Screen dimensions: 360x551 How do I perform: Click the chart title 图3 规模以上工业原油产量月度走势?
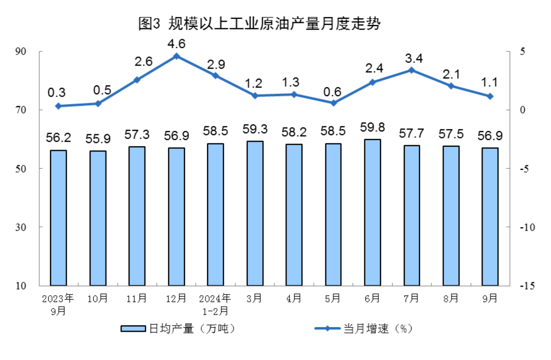pos(259,23)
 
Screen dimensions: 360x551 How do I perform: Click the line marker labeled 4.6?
pos(177,57)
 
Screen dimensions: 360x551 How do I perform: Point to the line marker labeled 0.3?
pos(58,106)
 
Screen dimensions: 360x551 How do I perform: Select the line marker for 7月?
pos(411,70)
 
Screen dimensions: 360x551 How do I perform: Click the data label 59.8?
pos(372,128)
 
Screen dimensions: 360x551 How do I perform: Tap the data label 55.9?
pos(98,139)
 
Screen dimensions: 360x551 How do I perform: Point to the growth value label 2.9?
pos(216,65)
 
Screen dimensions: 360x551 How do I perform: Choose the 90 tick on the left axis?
pos(21,51)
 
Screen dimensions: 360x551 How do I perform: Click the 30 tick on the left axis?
pos(21,227)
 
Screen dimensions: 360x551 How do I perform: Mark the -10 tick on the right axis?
pos(527,227)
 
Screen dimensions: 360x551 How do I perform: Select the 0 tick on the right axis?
pos(522,110)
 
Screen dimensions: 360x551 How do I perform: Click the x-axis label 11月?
pos(137,298)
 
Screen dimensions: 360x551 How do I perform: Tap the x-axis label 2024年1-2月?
pos(215,304)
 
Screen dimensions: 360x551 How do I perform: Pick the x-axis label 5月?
pos(333,298)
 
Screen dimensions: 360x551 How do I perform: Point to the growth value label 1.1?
pos(489,83)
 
